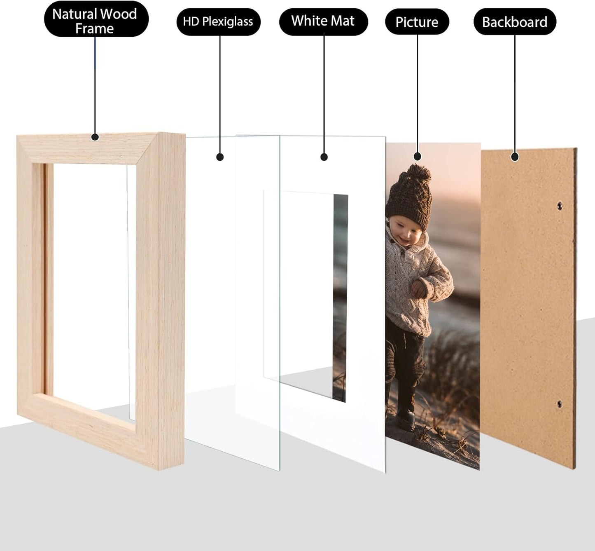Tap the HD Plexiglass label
pyautogui.click(x=218, y=21)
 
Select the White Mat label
pyautogui.click(x=323, y=21)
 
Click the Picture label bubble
pyautogui.click(x=417, y=22)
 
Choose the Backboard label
pyautogui.click(x=514, y=22)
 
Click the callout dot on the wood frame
pyautogui.click(x=95, y=137)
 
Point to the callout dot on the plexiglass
pyautogui.click(x=220, y=157)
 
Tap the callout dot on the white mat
pyautogui.click(x=324, y=157)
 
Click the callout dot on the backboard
pyautogui.click(x=514, y=157)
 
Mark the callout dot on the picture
pyautogui.click(x=418, y=157)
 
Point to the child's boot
pyautogui.click(x=406, y=418)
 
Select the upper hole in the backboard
pyautogui.click(x=559, y=205)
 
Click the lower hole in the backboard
pyautogui.click(x=559, y=404)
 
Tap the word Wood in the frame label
pyautogui.click(x=119, y=14)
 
